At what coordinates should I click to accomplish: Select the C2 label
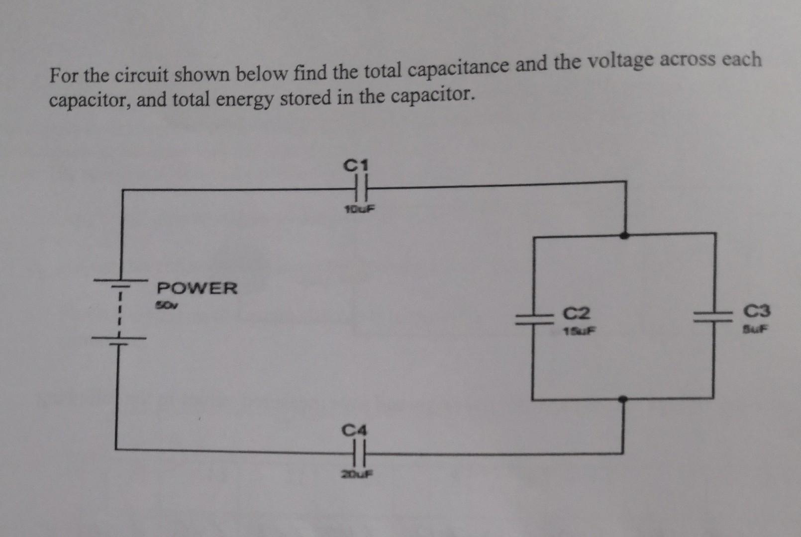click(576, 313)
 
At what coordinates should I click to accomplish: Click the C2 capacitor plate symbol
click(533, 318)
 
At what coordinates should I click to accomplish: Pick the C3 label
click(757, 312)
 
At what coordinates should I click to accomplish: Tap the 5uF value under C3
click(756, 329)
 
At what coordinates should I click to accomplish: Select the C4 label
click(354, 429)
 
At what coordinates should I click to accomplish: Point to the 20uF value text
click(356, 474)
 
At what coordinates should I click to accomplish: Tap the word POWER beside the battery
click(197, 288)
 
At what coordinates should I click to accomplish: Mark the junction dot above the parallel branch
click(625, 235)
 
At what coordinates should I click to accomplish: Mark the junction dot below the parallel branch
click(622, 399)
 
